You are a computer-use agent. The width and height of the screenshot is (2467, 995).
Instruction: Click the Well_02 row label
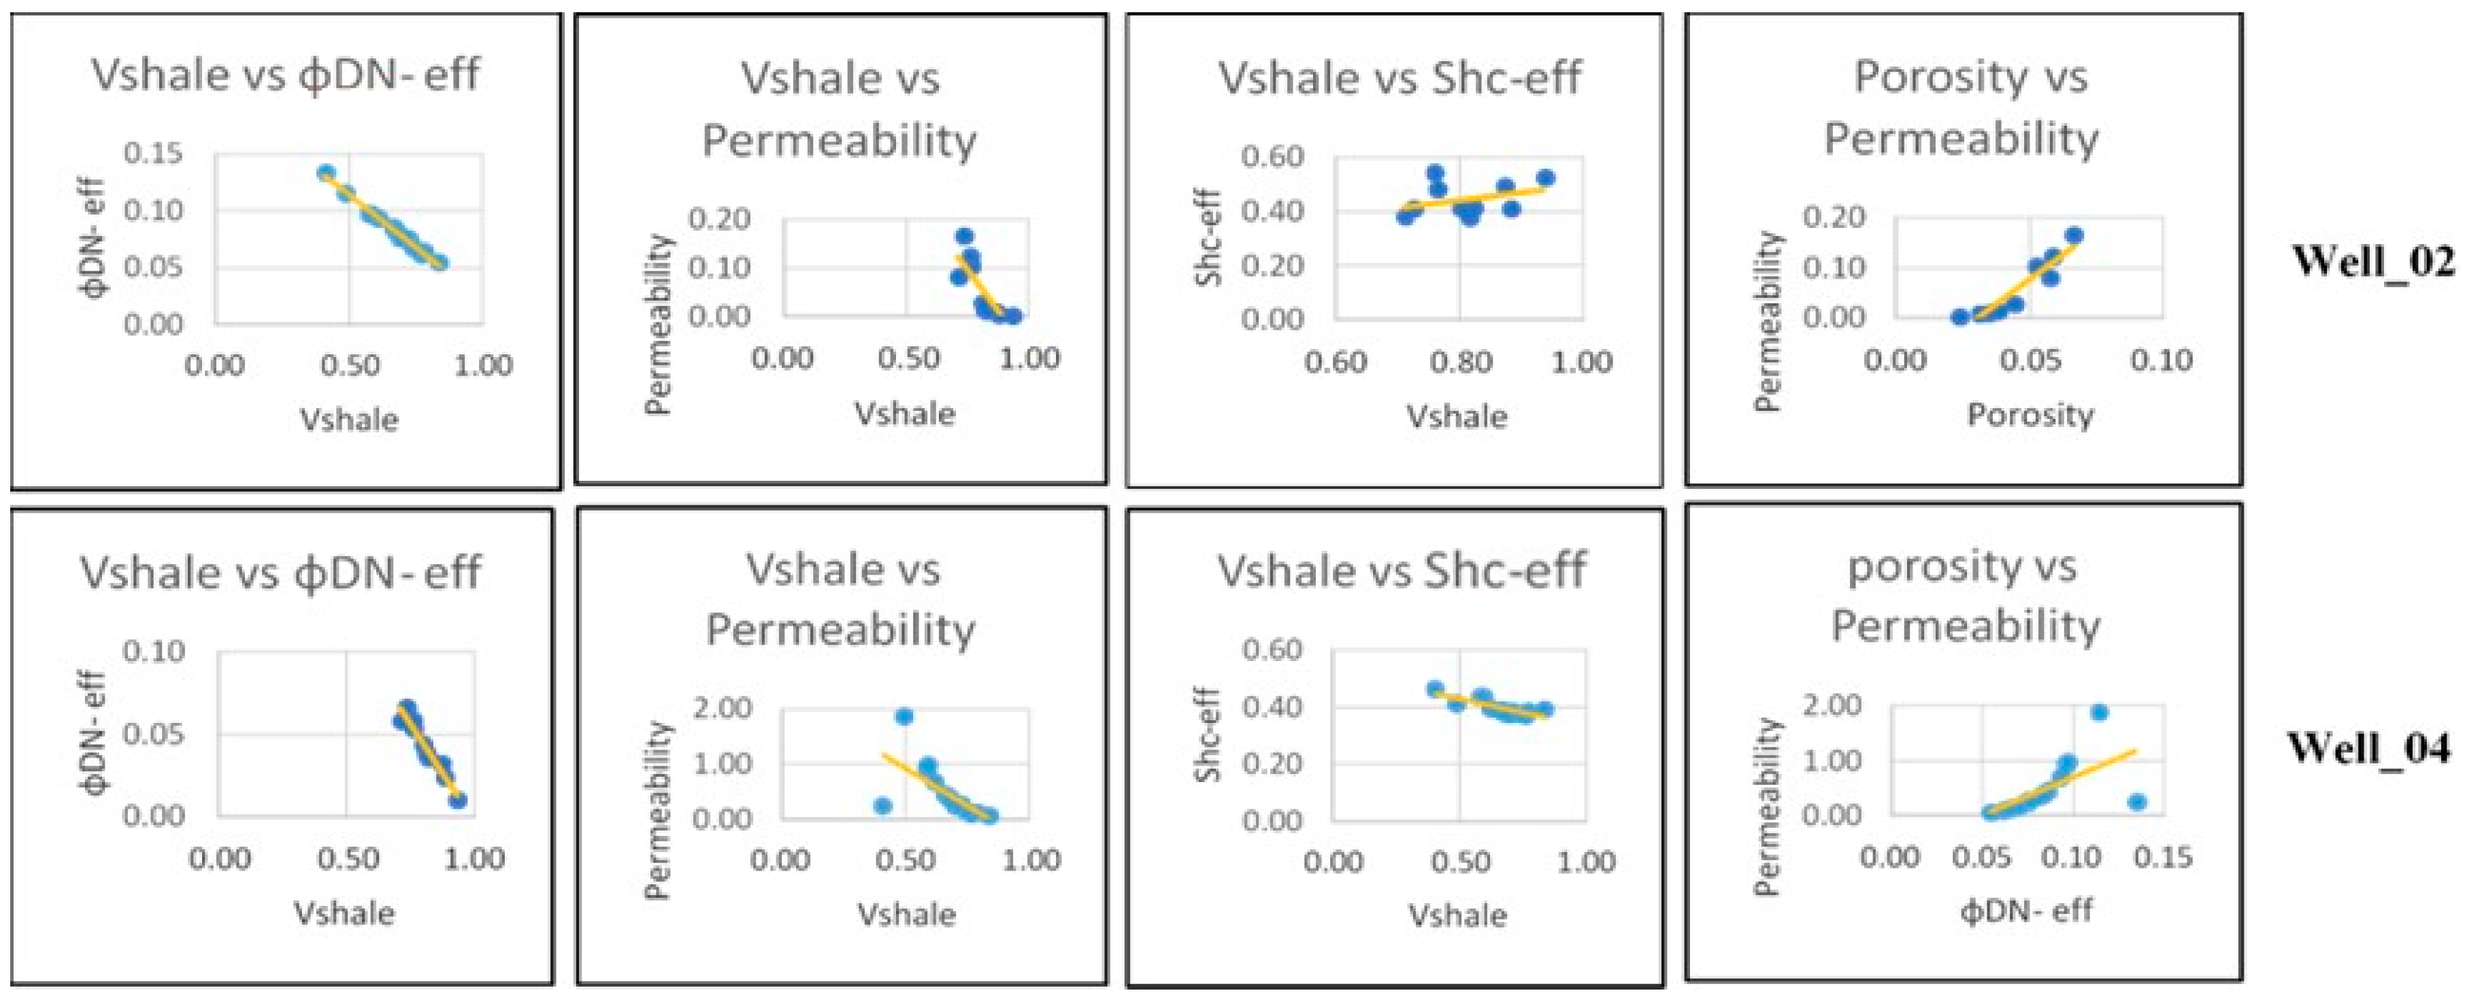pos(2372,261)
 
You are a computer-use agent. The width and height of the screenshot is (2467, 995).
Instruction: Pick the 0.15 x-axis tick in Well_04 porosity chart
pos(2162,856)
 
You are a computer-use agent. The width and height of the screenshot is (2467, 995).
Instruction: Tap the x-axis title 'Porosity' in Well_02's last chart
pos(2030,416)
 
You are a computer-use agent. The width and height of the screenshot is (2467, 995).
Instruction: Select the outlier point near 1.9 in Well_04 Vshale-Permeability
pos(903,716)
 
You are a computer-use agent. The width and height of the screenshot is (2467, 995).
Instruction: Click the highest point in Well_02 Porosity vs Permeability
pos(2073,235)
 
